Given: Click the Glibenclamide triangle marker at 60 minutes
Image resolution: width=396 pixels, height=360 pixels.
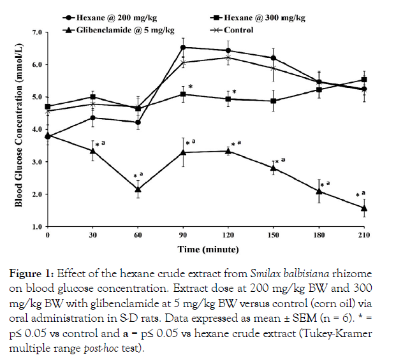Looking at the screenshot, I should click(138, 189).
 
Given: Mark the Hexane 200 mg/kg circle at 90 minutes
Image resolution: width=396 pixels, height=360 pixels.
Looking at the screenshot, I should click(184, 47).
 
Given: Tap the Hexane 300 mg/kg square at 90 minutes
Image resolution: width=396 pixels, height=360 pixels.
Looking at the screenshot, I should click(184, 94).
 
